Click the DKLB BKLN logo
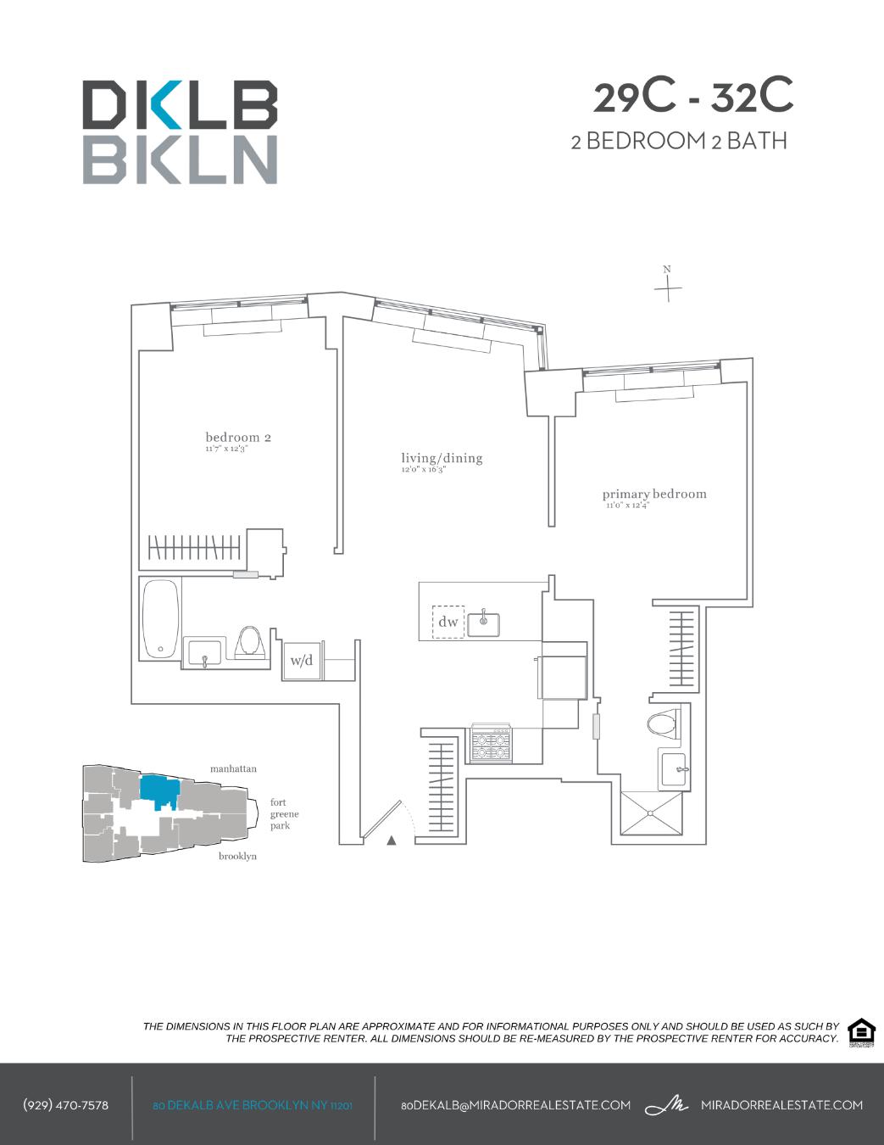(180, 131)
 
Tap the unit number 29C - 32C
(692, 97)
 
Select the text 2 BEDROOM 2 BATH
(679, 141)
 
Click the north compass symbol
(668, 286)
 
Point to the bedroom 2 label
(237, 438)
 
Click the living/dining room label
(442, 459)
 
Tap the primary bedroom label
(653, 494)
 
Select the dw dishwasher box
(448, 622)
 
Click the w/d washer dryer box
(302, 660)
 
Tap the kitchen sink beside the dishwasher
(484, 623)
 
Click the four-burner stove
(492, 744)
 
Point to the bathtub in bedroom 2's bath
(160, 619)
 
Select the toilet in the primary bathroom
(662, 723)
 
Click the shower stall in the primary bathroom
(651, 813)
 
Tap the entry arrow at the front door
(391, 841)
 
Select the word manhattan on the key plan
(233, 768)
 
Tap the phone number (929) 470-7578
(65, 1105)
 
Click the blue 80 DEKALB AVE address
(253, 1105)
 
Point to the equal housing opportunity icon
(861, 1032)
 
